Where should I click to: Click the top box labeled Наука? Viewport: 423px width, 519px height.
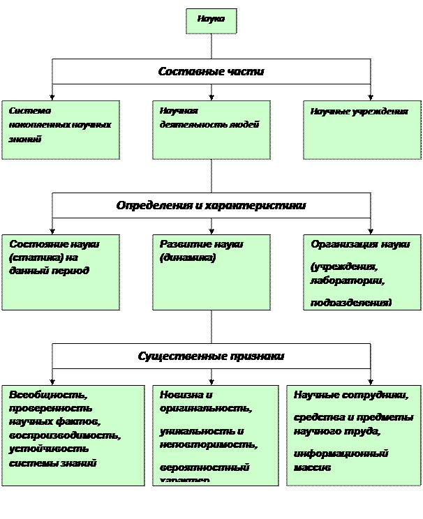211,20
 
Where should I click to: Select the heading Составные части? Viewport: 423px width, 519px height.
211,71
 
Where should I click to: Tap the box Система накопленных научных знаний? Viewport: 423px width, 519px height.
60,130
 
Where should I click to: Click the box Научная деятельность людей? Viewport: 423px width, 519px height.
211,130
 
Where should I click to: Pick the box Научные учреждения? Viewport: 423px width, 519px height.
362,130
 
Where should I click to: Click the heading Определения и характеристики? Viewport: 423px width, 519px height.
211,206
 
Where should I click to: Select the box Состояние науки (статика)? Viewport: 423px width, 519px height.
60,272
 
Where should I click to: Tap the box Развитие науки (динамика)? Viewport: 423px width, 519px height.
211,272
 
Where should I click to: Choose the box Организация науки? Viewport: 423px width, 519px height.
362,272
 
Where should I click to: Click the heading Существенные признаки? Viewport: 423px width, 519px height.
211,356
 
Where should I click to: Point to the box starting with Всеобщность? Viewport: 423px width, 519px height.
73,435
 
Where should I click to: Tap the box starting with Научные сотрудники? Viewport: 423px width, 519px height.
354,435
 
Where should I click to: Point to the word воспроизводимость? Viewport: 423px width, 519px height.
65,435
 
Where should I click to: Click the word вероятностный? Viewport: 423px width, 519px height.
204,467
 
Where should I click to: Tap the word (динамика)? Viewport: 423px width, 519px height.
188,258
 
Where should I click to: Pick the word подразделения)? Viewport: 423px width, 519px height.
351,303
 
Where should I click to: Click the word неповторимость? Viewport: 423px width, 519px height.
208,444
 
